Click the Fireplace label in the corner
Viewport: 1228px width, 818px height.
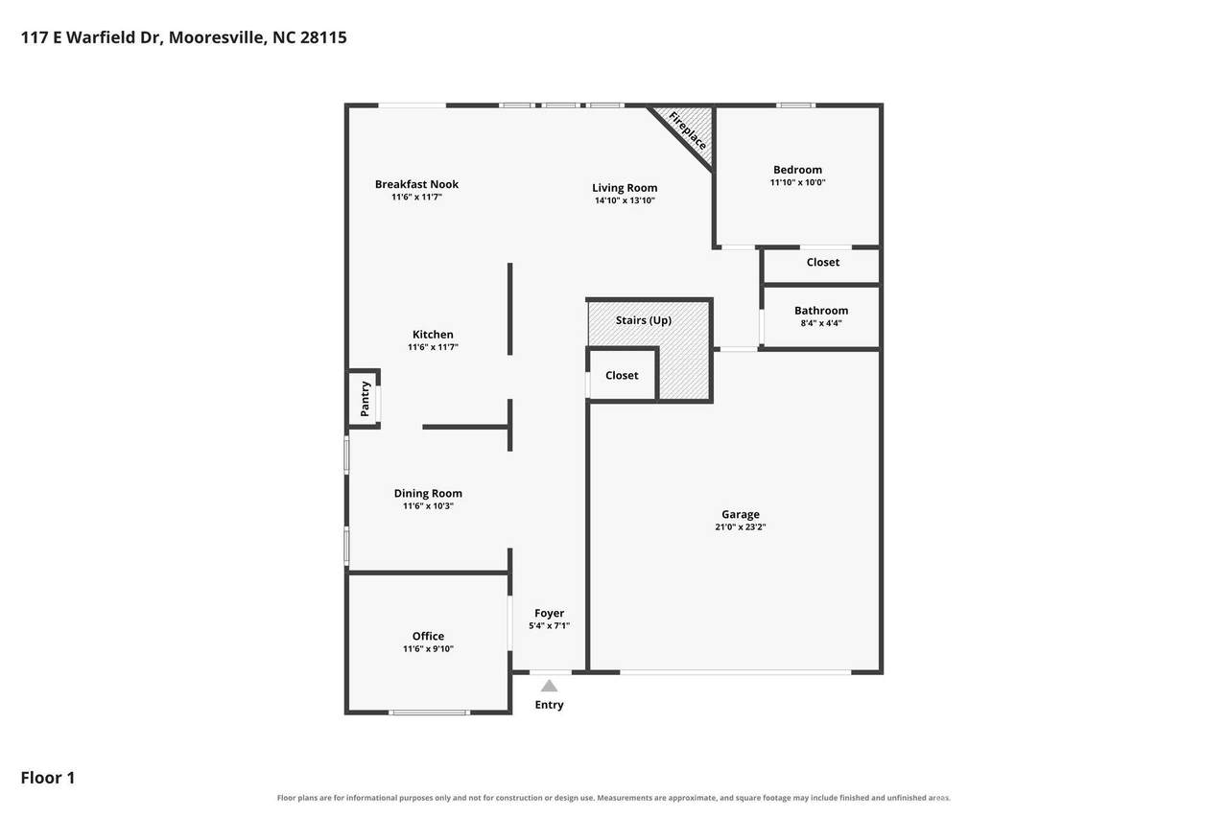tap(688, 131)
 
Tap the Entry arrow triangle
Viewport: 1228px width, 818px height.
tap(550, 686)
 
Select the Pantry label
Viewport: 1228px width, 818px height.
tap(366, 399)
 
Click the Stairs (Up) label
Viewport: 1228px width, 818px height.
tap(644, 320)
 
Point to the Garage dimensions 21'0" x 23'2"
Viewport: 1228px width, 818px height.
tap(741, 527)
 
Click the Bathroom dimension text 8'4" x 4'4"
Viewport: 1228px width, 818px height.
tap(821, 323)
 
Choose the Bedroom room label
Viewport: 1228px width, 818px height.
tap(797, 170)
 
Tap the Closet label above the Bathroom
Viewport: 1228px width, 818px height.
tap(823, 263)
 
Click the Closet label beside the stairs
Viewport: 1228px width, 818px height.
tap(622, 375)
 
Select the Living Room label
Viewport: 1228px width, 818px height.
tap(625, 188)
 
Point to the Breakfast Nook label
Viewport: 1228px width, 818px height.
tap(416, 185)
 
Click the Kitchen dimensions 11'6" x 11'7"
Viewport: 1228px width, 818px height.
tap(433, 347)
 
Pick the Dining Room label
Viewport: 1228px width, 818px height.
tap(428, 494)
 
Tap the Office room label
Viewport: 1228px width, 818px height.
tap(428, 636)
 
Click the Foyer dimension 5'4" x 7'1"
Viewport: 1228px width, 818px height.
tap(550, 625)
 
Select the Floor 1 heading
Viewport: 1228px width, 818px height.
tap(48, 778)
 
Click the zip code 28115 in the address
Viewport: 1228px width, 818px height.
tap(323, 37)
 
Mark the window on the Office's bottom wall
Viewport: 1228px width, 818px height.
tap(429, 713)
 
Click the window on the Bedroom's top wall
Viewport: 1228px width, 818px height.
tap(795, 105)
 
